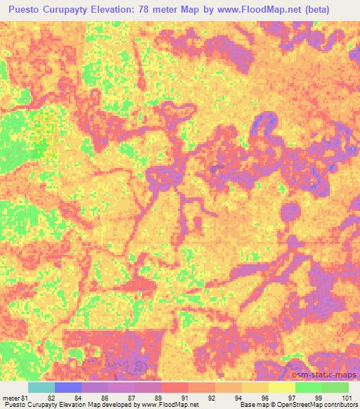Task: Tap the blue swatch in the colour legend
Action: (x=67, y=387)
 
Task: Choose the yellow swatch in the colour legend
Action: (x=281, y=387)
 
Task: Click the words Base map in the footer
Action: (x=250, y=405)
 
